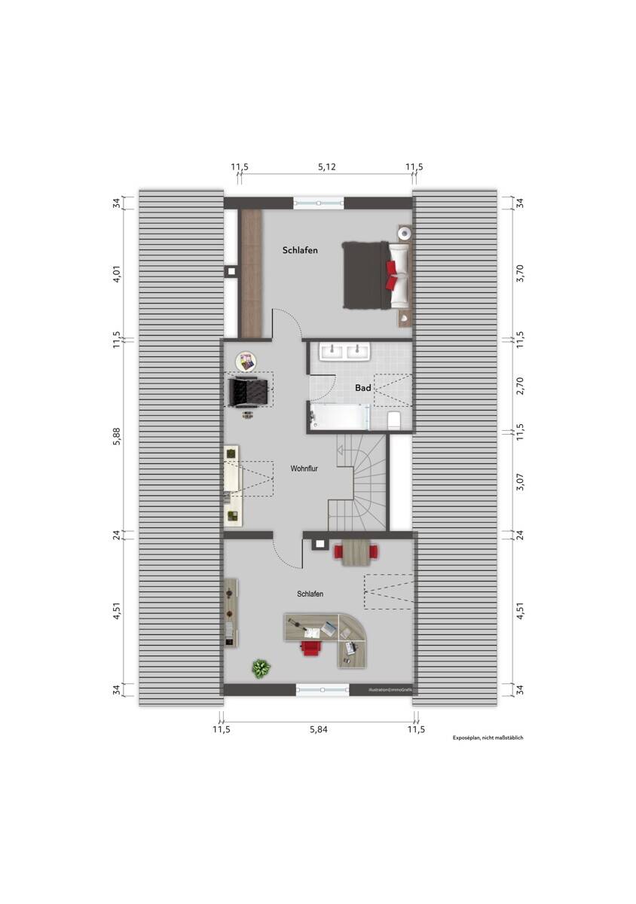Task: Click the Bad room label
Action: pyautogui.click(x=362, y=388)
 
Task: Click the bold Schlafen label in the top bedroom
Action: pyautogui.click(x=300, y=250)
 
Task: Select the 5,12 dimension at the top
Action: pyautogui.click(x=326, y=166)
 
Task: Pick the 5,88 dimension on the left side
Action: pyautogui.click(x=117, y=436)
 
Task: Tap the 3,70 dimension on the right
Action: pyautogui.click(x=520, y=272)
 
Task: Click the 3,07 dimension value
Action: pyautogui.click(x=520, y=482)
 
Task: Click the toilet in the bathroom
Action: pyautogui.click(x=394, y=420)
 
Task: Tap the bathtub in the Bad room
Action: pyautogui.click(x=339, y=415)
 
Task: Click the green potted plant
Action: pyautogui.click(x=261, y=667)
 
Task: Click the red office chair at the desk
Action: pyautogui.click(x=310, y=646)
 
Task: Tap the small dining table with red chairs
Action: pyautogui.click(x=357, y=554)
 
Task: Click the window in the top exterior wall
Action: pyautogui.click(x=319, y=202)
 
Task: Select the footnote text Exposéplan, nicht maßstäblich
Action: pyautogui.click(x=487, y=738)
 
